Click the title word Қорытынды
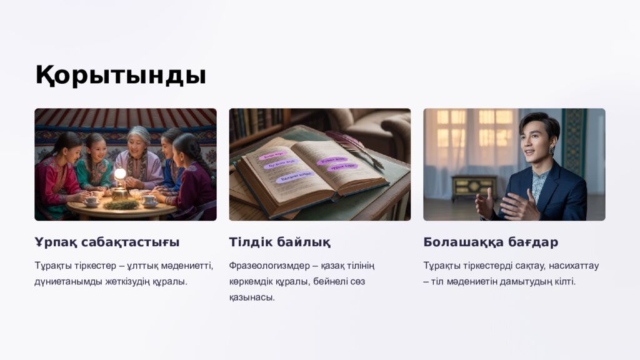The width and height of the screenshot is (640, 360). [x=120, y=75]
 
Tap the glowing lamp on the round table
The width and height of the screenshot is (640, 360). [x=120, y=174]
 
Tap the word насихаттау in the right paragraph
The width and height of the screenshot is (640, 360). [x=573, y=266]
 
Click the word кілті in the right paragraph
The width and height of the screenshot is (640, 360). [x=564, y=281]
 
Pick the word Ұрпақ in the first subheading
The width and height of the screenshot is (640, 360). [x=52, y=242]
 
